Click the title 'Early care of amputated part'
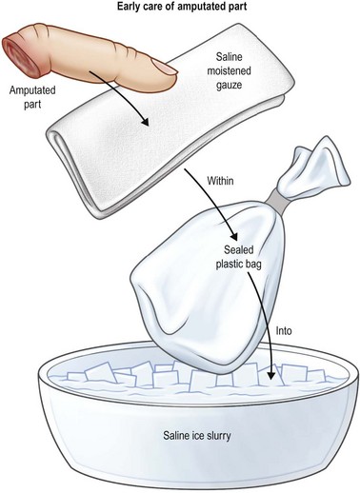182,7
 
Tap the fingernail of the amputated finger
165,67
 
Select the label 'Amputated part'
32,97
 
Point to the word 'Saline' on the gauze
229,57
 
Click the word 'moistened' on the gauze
229,70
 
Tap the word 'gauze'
229,85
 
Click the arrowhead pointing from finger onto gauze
145,122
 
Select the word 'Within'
220,181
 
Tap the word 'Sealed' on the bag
239,249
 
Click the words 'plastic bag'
238,265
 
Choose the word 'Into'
284,331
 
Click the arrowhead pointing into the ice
270,375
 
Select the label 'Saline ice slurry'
197,435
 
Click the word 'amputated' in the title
201,8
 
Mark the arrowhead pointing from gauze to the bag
233,236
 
